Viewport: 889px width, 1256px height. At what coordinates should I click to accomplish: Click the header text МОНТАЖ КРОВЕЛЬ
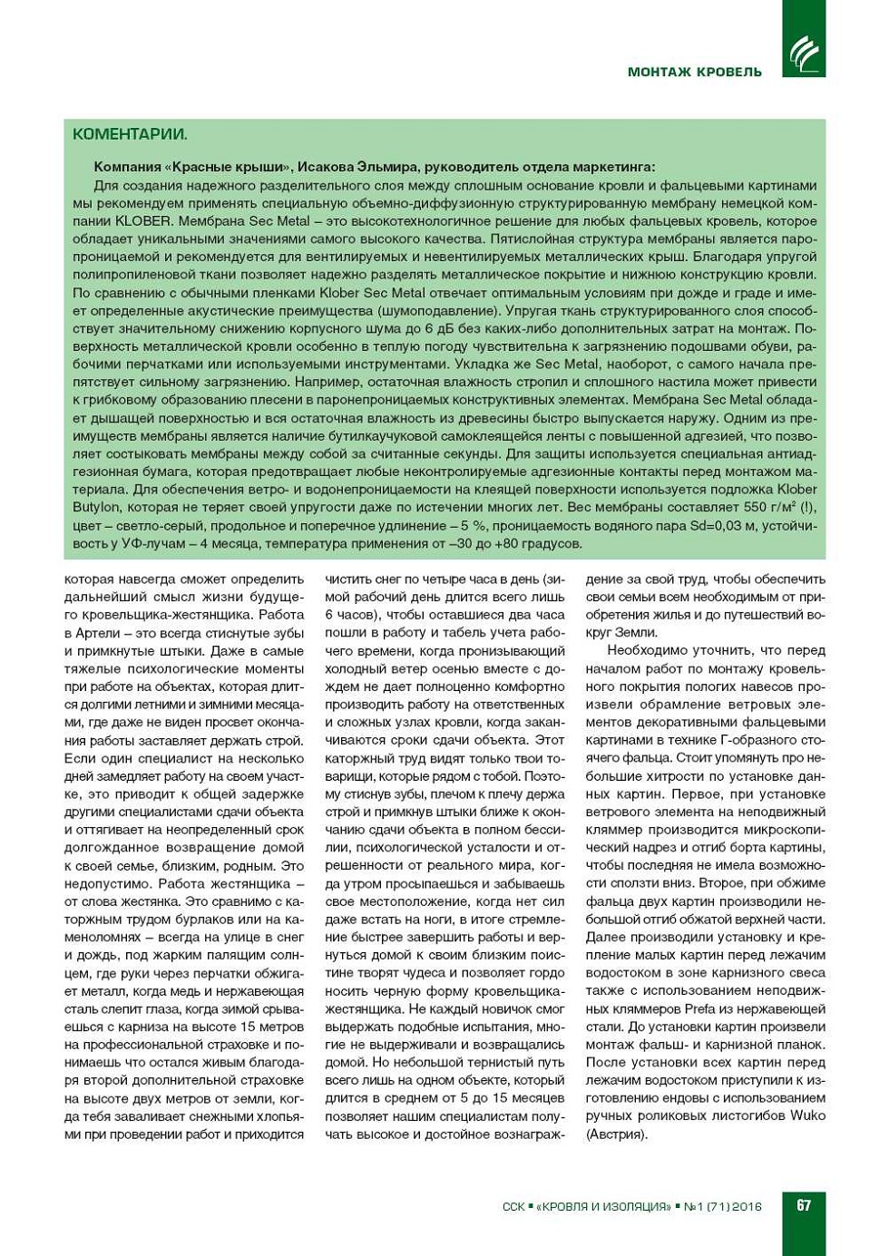click(694, 72)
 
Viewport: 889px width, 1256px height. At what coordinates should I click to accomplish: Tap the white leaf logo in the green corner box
click(804, 54)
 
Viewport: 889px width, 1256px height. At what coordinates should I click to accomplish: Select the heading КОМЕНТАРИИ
click(130, 134)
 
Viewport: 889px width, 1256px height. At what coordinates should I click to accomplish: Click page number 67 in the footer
click(804, 1205)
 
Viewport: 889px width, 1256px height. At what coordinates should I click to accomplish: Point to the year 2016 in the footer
click(747, 1206)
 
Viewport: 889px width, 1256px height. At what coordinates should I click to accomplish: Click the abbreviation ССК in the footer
click(513, 1206)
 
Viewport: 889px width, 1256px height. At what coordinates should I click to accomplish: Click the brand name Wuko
click(807, 1115)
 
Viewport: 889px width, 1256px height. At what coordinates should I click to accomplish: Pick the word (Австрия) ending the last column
click(617, 1134)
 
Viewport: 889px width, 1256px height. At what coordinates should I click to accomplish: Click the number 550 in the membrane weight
click(755, 508)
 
